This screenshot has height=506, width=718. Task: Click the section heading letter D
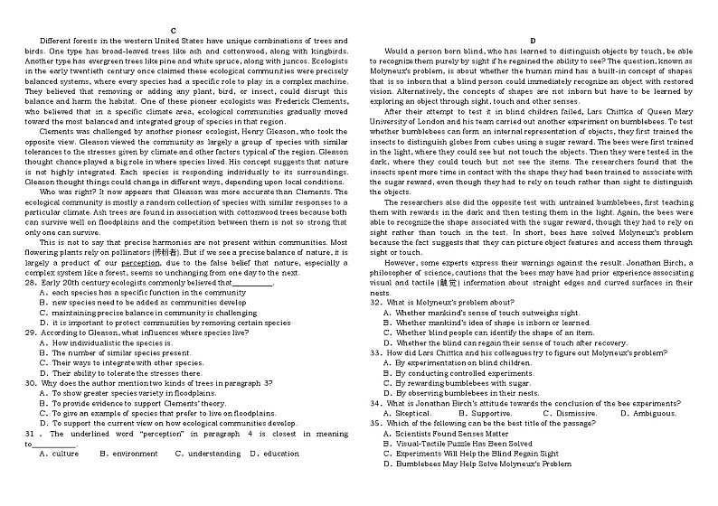coord(533,41)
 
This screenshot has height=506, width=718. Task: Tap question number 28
coord(31,283)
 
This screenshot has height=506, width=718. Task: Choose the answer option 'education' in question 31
coord(280,453)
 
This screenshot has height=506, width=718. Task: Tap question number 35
coord(376,423)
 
